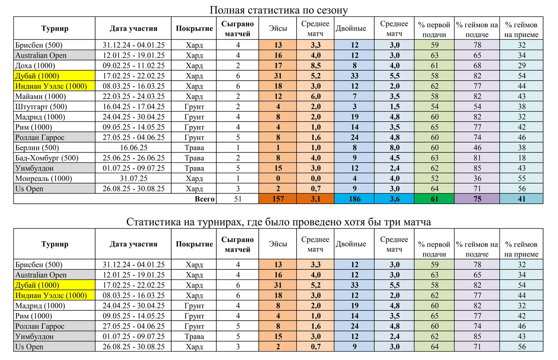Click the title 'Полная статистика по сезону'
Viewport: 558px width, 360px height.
click(x=279, y=10)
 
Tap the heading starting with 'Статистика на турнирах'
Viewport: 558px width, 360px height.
click(x=278, y=222)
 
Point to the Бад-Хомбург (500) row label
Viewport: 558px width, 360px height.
click(x=47, y=158)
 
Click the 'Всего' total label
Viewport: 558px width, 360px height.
click(x=204, y=199)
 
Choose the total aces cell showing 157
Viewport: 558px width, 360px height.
click(x=278, y=199)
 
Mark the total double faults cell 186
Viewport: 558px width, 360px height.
click(x=354, y=199)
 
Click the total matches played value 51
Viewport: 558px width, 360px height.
click(x=238, y=199)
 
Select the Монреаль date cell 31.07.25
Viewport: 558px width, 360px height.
click(x=133, y=178)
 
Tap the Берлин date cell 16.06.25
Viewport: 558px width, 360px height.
click(x=133, y=148)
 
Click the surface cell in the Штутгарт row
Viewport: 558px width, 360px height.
click(x=194, y=107)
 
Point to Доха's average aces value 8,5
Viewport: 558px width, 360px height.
click(x=315, y=65)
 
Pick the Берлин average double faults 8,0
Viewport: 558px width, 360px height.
click(x=394, y=148)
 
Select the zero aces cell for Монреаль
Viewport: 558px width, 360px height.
click(x=278, y=178)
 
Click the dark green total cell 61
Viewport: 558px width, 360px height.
click(x=434, y=199)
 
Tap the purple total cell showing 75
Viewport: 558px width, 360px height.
click(x=477, y=199)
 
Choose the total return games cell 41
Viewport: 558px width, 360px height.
click(x=521, y=199)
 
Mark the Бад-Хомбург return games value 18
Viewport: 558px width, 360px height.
click(x=521, y=158)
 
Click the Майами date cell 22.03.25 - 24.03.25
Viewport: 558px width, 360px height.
click(x=133, y=96)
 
